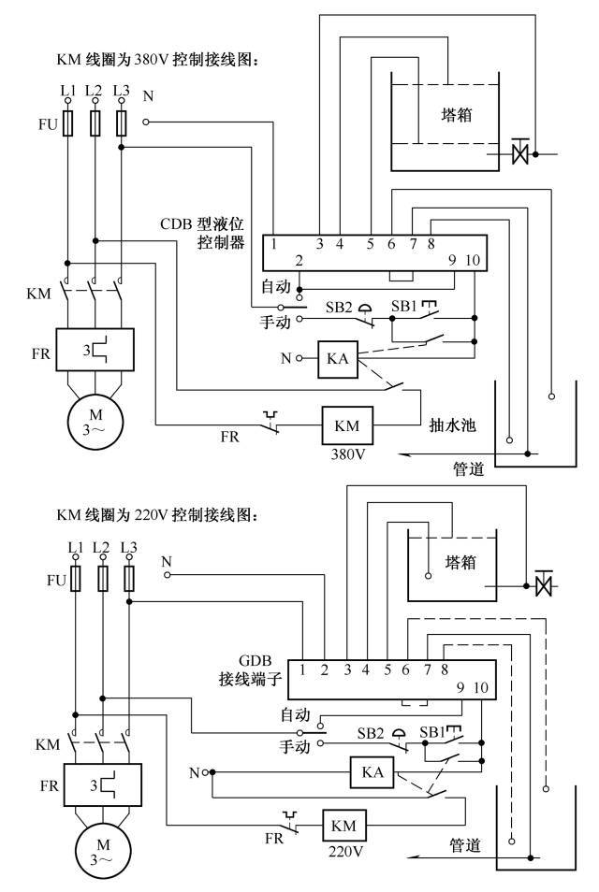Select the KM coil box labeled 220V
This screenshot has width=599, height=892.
343,827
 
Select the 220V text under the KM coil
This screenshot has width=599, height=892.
343,852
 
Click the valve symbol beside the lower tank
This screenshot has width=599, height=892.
540,585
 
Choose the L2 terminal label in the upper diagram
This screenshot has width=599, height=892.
94,90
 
